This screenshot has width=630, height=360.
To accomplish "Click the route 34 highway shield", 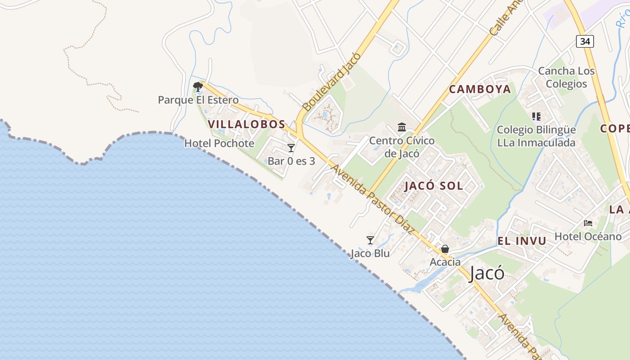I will pos(585,41).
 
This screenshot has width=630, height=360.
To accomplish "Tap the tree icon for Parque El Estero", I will pos(198,86).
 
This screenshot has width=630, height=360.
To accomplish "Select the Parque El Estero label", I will pos(198,100).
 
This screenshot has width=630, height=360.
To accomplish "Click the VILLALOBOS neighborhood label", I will pos(247,124).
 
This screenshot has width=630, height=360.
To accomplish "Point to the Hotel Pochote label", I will pos(219,144).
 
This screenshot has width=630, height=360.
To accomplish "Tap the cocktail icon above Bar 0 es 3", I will pos(291,148).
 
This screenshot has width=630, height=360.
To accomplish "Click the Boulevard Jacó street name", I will pos(332,81).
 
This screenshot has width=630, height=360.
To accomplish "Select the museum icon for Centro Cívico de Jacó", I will pos(402,127).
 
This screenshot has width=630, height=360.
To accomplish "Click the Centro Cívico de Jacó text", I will pos(402,147).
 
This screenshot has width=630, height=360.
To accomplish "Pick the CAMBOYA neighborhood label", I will pos(480,89).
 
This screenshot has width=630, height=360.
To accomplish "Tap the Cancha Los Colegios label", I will pos(566,77).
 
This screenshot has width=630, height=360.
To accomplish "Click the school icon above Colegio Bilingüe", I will pos(536,117).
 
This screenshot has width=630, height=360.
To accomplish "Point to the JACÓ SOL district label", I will pos(434,186).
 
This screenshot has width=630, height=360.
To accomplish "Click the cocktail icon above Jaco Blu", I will pos(370,240).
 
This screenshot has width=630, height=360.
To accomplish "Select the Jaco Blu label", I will pos(370,253).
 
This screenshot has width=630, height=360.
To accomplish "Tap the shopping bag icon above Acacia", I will pos(445,248).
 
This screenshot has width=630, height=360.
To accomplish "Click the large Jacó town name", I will pos(486,273).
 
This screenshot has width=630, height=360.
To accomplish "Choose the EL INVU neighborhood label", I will pos(522,241).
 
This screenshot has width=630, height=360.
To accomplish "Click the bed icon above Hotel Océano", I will pos(588,223).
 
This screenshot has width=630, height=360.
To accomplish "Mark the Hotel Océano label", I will pos(588,236).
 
